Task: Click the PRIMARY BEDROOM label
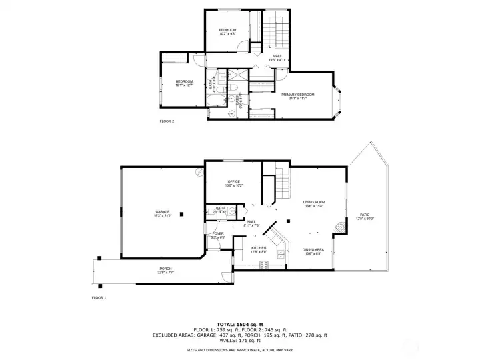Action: click(297, 95)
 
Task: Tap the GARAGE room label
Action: click(163, 212)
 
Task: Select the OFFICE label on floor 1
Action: click(233, 181)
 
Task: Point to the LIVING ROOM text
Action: click(313, 202)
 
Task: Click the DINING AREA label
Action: click(313, 250)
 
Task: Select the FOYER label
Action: click(218, 234)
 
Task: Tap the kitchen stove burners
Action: click(264, 264)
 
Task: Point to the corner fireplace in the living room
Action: click(340, 227)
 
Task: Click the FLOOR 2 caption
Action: click(167, 121)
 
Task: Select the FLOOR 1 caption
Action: click(99, 297)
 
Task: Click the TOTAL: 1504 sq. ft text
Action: click(239, 323)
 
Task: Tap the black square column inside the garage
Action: click(181, 215)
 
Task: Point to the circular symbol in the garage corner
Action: click(198, 171)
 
